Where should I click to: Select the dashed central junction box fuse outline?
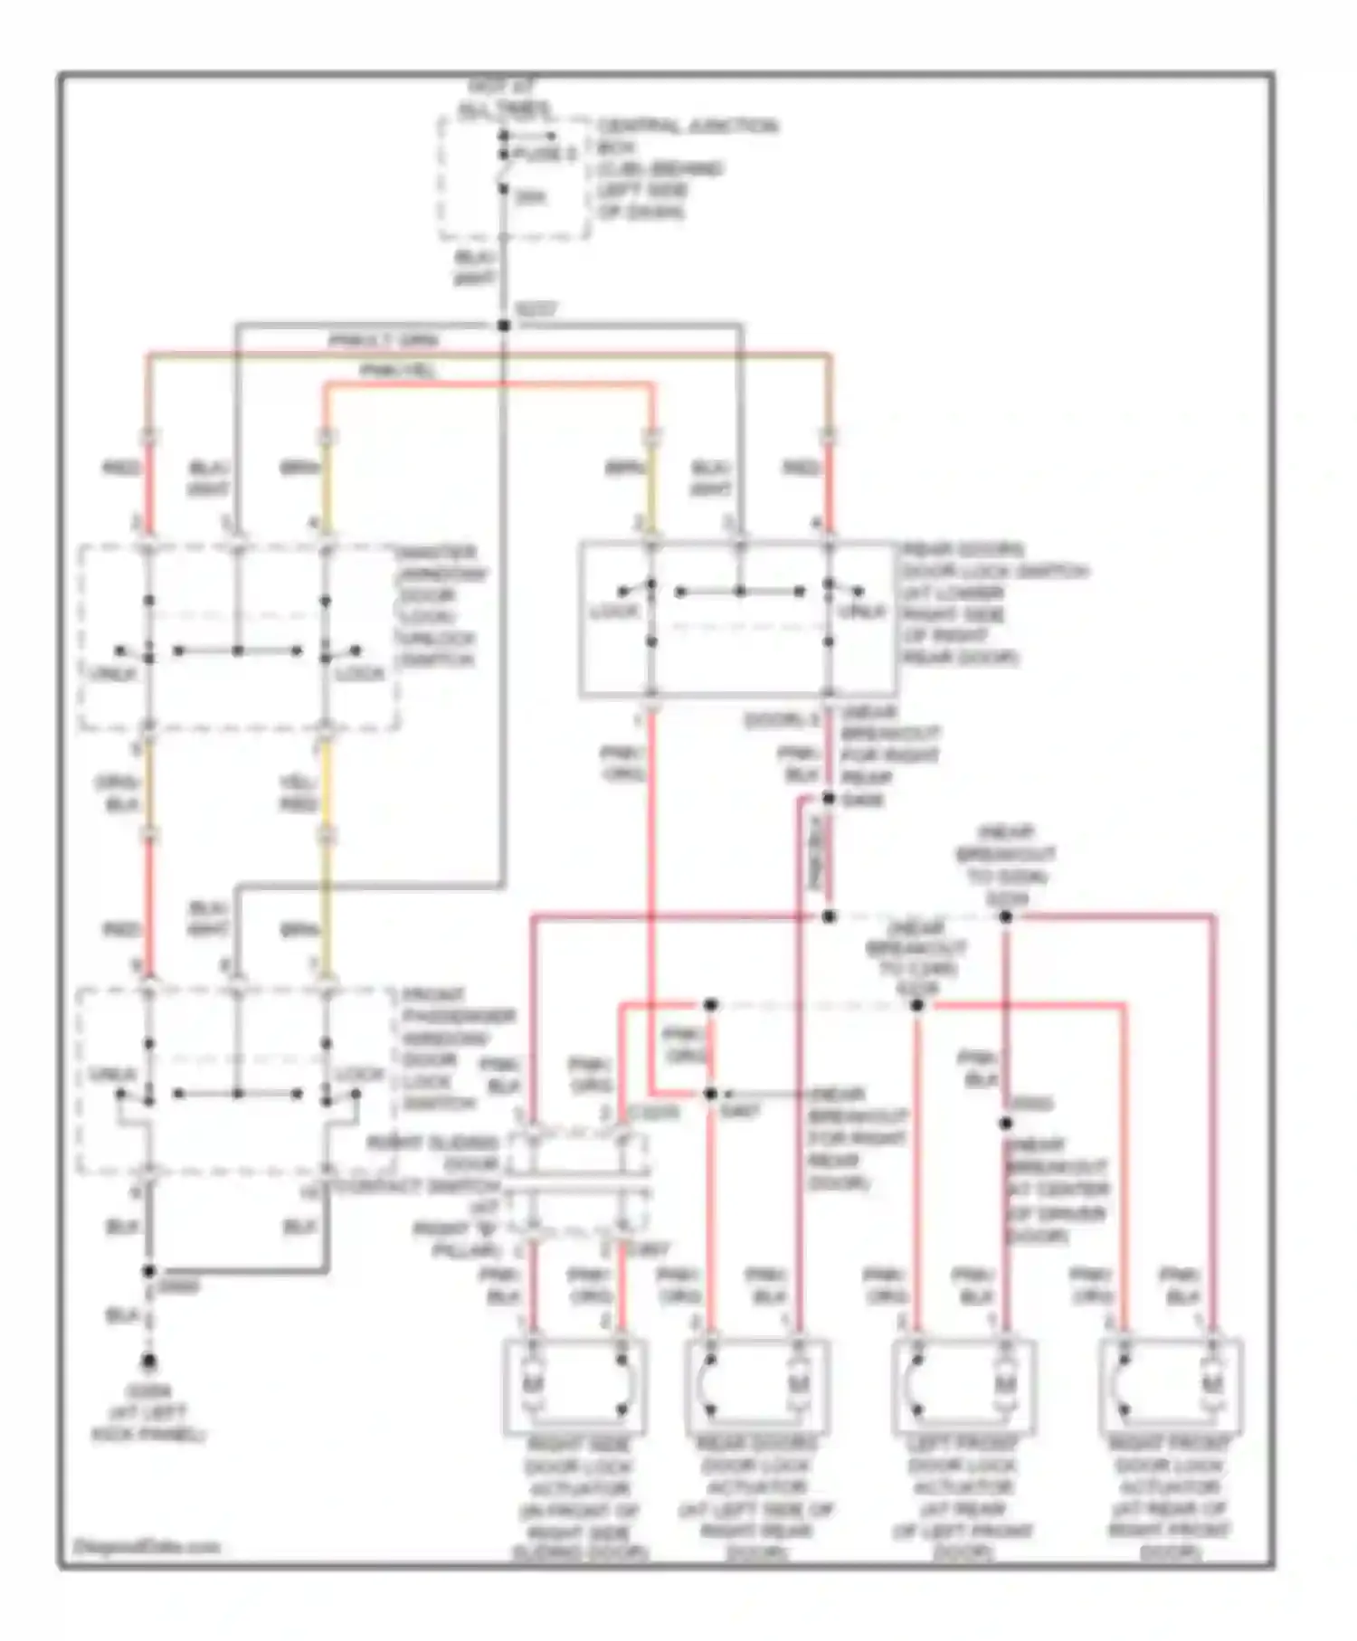514,178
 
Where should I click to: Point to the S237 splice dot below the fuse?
504,325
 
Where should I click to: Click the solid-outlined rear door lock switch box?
737,620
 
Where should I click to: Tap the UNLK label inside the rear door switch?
861,612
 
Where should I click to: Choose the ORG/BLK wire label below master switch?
119,793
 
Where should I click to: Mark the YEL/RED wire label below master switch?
299,793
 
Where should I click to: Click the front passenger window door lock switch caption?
457,1049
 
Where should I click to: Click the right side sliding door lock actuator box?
575,1386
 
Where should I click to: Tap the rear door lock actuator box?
756,1386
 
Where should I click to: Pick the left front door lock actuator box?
963,1386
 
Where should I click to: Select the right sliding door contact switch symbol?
576,1185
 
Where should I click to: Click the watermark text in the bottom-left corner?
146,1546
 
